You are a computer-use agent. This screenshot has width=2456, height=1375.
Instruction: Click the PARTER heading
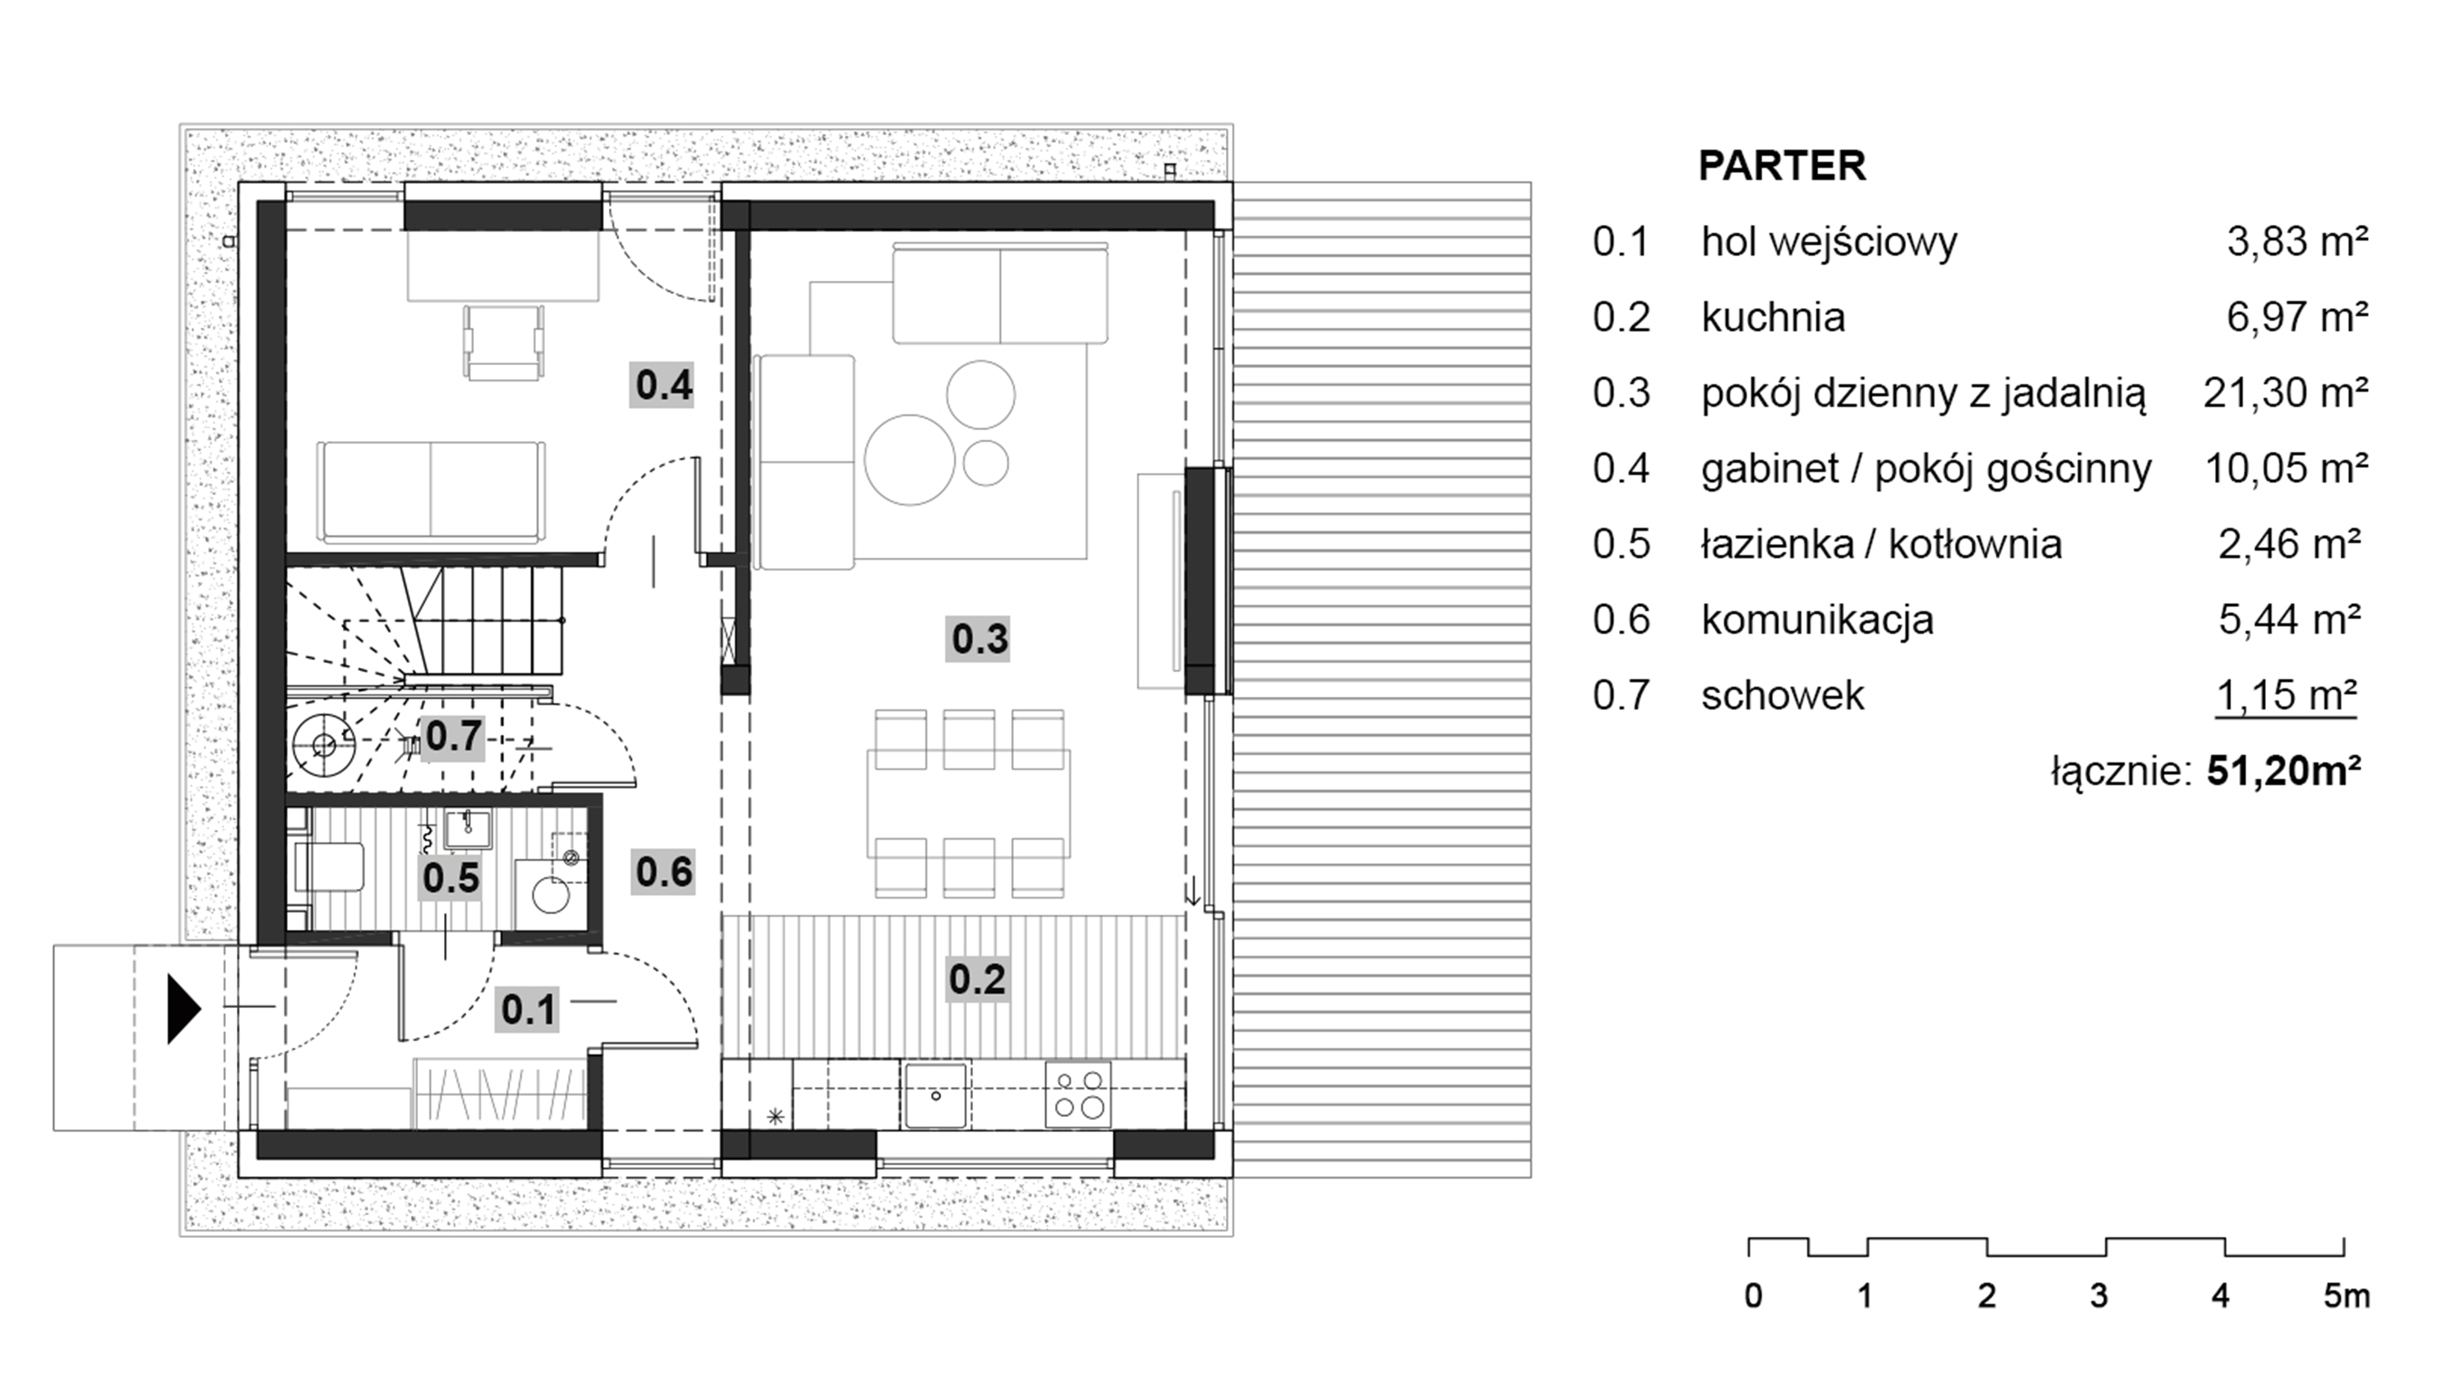click(1781, 166)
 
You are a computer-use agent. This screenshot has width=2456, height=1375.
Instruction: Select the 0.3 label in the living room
click(979, 638)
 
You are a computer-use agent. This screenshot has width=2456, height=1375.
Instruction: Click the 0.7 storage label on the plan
click(453, 736)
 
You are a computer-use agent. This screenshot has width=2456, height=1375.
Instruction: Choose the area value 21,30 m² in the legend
click(2285, 392)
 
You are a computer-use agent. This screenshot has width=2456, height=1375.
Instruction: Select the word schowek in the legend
click(1782, 695)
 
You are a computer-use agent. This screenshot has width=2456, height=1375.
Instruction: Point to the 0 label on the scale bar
click(1753, 1296)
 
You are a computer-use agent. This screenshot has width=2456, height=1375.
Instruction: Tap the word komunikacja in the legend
click(1817, 620)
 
